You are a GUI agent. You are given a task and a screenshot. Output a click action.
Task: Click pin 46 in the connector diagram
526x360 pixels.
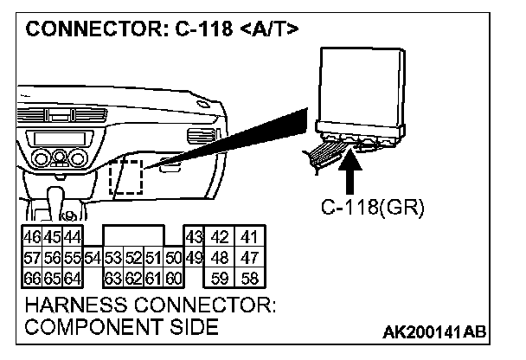click(x=30, y=237)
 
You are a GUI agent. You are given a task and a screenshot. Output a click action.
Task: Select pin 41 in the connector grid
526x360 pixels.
click(x=249, y=237)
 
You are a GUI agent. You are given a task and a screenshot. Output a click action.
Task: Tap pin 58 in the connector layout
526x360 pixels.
click(x=249, y=279)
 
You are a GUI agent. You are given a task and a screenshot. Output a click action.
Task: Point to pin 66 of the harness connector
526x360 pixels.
click(x=30, y=279)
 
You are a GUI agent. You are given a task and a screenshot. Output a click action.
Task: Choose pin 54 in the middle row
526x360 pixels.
click(x=92, y=258)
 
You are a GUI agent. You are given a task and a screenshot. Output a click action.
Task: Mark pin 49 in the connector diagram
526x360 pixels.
click(x=193, y=258)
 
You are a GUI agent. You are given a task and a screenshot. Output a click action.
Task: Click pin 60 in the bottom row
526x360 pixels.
click(x=172, y=279)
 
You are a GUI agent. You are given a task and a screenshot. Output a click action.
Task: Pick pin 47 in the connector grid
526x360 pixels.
click(x=249, y=258)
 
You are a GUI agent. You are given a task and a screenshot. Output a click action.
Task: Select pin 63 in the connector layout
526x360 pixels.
click(x=112, y=279)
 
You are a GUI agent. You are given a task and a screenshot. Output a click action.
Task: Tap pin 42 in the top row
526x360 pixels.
click(x=221, y=237)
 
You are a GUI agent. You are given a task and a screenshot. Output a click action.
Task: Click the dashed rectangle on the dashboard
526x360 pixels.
click(x=126, y=177)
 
